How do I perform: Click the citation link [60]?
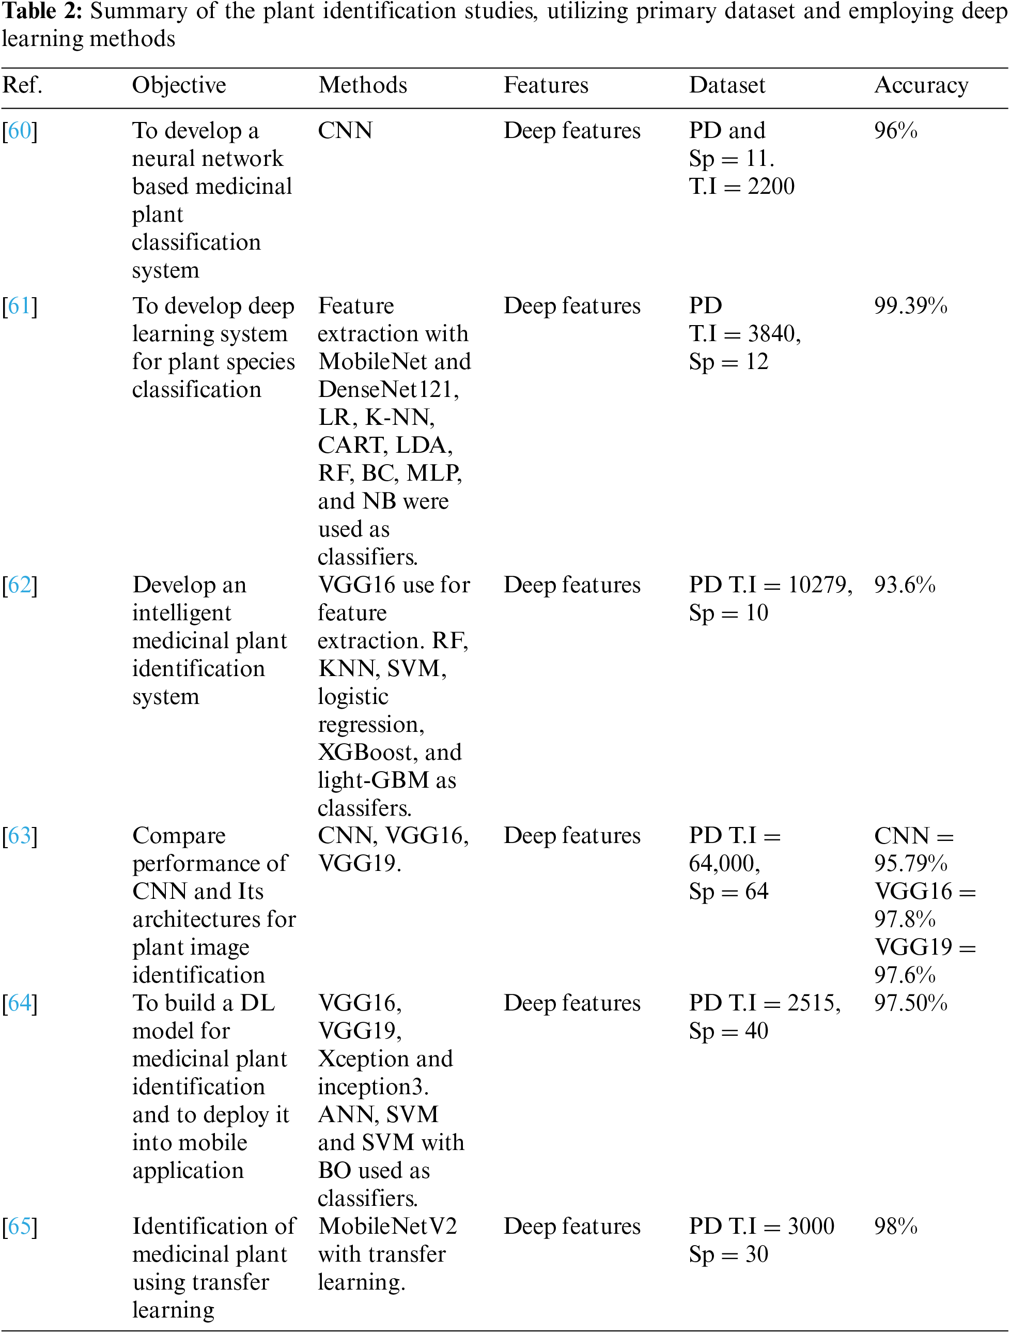[x=20, y=131]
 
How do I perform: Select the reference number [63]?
[x=20, y=836]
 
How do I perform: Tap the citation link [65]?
[x=20, y=1227]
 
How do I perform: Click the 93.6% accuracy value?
[x=905, y=585]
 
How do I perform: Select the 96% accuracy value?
[x=896, y=131]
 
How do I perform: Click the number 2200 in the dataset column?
[x=771, y=186]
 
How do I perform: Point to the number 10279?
[x=820, y=585]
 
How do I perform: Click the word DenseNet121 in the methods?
[x=387, y=390]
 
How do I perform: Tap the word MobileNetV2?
[x=387, y=1227]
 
